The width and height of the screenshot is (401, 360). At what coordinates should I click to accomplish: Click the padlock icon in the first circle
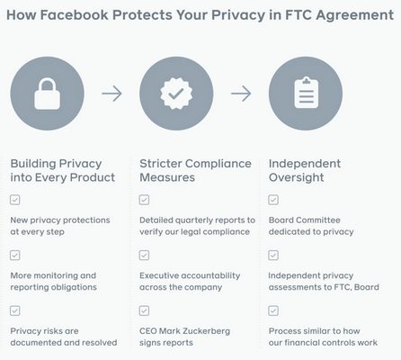point(47,94)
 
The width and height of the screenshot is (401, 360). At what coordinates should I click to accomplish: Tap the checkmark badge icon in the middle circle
point(176,94)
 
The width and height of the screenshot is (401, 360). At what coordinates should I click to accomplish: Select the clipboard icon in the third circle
point(306,93)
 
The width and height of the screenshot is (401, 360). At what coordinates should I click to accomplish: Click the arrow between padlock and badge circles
point(111,94)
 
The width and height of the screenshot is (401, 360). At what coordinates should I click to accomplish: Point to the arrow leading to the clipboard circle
point(241,94)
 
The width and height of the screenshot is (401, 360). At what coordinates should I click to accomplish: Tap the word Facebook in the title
point(74,15)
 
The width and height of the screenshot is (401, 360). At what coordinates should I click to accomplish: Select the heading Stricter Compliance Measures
point(195,170)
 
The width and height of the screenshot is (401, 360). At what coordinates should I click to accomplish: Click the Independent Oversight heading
point(305,170)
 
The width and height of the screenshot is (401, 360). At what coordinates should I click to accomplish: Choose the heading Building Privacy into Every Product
point(63,170)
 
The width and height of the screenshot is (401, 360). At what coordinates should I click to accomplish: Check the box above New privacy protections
point(15,200)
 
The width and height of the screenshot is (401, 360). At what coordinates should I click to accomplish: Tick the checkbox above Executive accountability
point(144,255)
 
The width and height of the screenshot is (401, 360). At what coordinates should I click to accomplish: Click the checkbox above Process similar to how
point(273,310)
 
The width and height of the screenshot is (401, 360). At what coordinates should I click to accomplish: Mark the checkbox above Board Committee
point(273,200)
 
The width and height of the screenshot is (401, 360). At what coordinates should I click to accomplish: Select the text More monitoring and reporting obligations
point(53,282)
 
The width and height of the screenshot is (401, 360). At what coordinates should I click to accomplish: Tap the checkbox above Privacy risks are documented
point(15,310)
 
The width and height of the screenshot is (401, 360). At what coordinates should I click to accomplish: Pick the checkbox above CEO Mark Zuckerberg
point(144,310)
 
